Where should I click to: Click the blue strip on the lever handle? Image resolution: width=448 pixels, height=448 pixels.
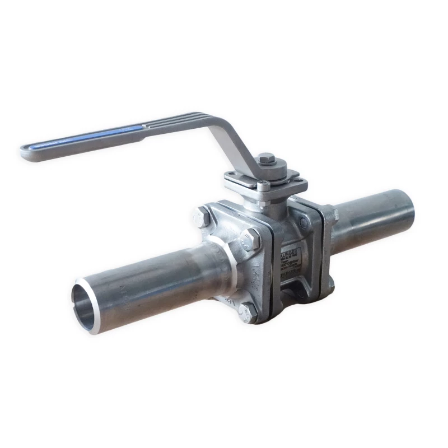point(84,137)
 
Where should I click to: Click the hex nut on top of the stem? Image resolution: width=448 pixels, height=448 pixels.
point(267,160)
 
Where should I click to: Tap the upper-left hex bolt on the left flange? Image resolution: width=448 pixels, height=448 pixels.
point(202,215)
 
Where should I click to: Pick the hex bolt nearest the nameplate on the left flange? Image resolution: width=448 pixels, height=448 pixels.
point(250,240)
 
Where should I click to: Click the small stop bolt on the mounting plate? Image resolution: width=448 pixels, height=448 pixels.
point(262,185)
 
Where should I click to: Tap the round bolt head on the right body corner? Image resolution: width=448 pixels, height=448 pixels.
point(304,222)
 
